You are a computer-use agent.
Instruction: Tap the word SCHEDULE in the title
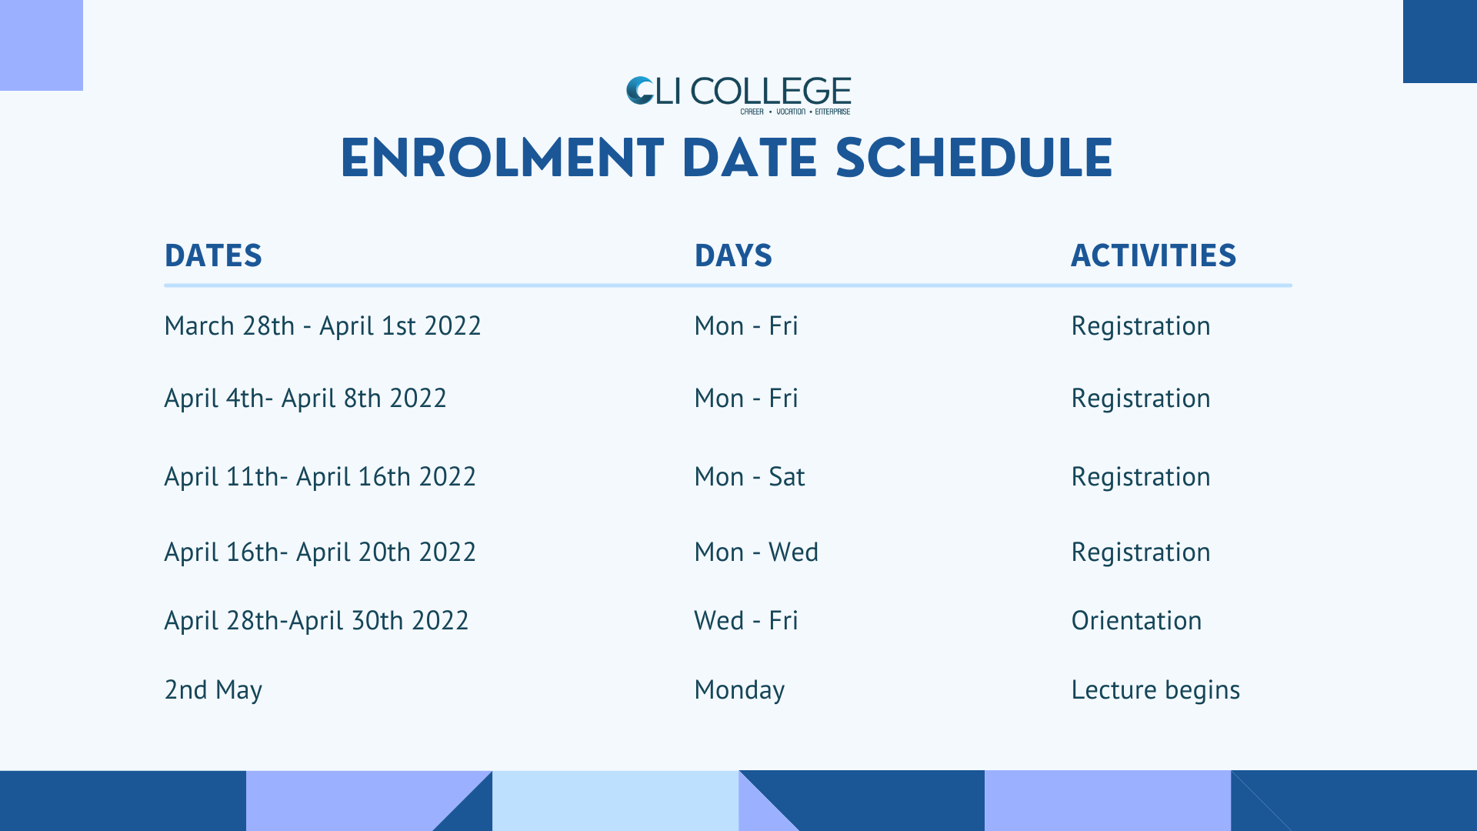pos(974,159)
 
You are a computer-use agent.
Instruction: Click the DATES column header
pos(213,255)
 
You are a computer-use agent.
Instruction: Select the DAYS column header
pos(733,255)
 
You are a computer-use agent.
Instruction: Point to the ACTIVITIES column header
pos(1153,255)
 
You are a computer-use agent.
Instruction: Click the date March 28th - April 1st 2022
pos(322,326)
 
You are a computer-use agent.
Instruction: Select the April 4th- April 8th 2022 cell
pos(305,399)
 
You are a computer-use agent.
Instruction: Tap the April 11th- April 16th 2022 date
pos(320,477)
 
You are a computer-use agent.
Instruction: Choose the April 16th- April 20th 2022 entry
pos(320,552)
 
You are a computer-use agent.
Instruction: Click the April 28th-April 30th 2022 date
pos(316,621)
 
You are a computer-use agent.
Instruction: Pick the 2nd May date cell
pos(213,690)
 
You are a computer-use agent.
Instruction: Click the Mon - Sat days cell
pos(749,477)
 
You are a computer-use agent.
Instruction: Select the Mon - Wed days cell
pos(756,552)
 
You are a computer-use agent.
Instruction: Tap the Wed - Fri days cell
pos(746,621)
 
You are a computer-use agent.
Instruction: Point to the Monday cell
pos(739,690)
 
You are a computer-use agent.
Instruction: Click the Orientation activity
pos(1136,621)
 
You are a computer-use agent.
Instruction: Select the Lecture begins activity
pos(1155,690)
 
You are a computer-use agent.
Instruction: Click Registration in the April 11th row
pos(1141,477)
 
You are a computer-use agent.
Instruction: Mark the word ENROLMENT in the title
pos(502,159)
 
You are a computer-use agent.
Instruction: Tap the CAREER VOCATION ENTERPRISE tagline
pos(795,112)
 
